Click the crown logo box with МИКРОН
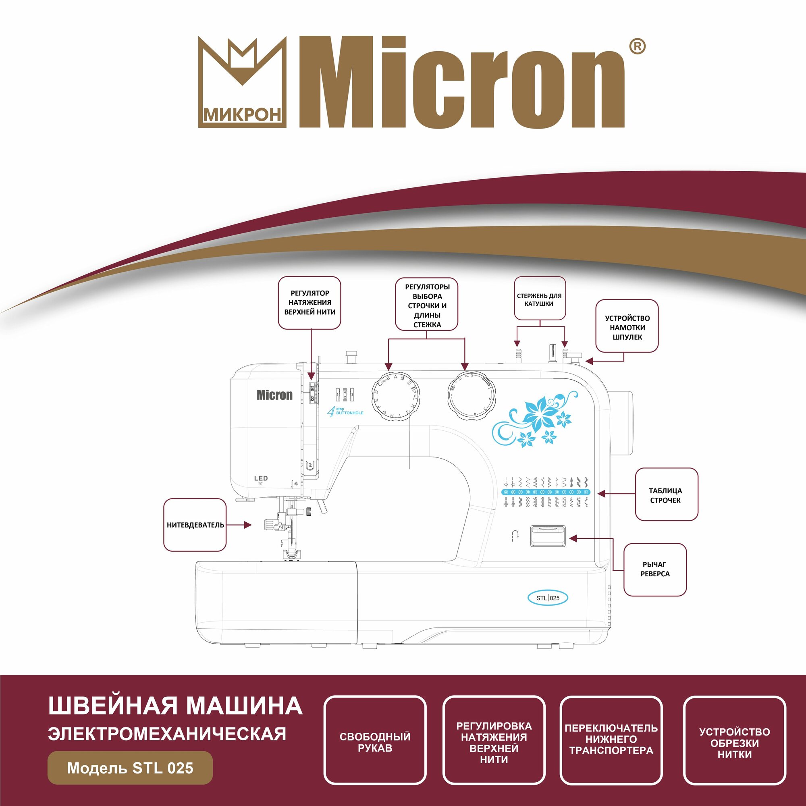(x=242, y=82)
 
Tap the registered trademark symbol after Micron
(x=637, y=47)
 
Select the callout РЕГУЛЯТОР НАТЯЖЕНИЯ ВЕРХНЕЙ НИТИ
(x=310, y=303)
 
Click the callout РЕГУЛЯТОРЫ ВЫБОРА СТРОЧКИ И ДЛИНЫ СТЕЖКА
(x=427, y=305)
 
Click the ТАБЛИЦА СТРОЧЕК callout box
(x=666, y=495)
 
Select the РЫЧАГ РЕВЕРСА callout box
(x=655, y=569)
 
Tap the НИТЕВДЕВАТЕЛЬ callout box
(x=195, y=525)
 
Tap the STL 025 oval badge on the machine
(x=548, y=598)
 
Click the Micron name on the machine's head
(x=274, y=395)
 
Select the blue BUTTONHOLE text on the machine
(x=349, y=413)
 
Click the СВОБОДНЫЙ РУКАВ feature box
(x=375, y=740)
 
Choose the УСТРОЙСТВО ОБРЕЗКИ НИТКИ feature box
(x=735, y=740)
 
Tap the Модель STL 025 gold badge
(x=130, y=768)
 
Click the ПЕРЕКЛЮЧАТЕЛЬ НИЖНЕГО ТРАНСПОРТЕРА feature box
(x=611, y=740)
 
